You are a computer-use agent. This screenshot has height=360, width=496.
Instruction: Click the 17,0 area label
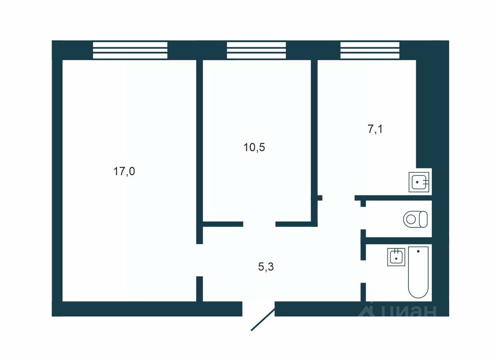click(x=124, y=172)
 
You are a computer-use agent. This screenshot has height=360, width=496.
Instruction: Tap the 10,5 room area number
click(x=254, y=148)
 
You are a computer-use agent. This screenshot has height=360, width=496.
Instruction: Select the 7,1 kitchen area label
click(x=375, y=129)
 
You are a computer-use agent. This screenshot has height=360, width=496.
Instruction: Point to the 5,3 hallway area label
click(x=266, y=267)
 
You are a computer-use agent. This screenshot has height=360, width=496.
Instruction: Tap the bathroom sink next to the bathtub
click(x=396, y=257)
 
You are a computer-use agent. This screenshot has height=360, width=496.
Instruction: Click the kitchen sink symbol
click(x=419, y=182)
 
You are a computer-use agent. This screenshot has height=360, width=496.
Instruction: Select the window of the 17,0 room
click(x=130, y=50)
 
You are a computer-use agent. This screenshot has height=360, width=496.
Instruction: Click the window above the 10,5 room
click(x=256, y=50)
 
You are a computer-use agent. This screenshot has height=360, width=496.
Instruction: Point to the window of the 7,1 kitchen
click(x=370, y=50)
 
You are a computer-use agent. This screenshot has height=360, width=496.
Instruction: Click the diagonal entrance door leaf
click(x=263, y=319)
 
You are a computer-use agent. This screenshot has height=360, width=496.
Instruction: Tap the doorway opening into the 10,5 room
click(x=259, y=224)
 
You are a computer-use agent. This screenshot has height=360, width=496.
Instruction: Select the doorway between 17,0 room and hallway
click(x=200, y=260)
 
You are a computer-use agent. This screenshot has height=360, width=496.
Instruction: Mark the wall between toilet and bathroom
click(x=398, y=240)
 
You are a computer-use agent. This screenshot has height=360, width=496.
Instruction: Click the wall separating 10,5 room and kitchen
click(x=314, y=130)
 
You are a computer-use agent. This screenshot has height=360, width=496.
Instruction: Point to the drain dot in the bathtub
click(x=418, y=251)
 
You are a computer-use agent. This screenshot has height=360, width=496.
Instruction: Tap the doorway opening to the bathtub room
click(x=363, y=272)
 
